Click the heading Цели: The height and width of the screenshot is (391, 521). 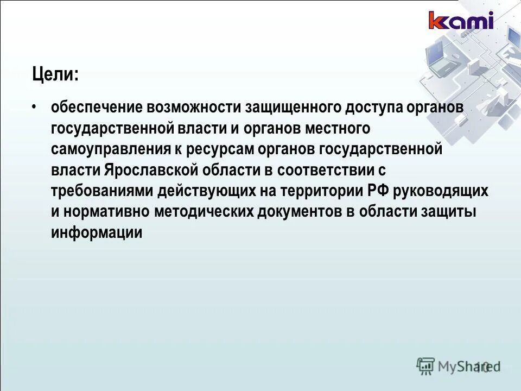tap(55, 74)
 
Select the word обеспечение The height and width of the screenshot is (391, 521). tap(94, 106)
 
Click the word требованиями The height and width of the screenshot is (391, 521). tap(101, 191)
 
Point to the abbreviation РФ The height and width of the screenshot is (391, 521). tap(378, 191)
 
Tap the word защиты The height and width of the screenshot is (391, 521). tap(449, 212)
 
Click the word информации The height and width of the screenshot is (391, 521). tap(97, 233)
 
